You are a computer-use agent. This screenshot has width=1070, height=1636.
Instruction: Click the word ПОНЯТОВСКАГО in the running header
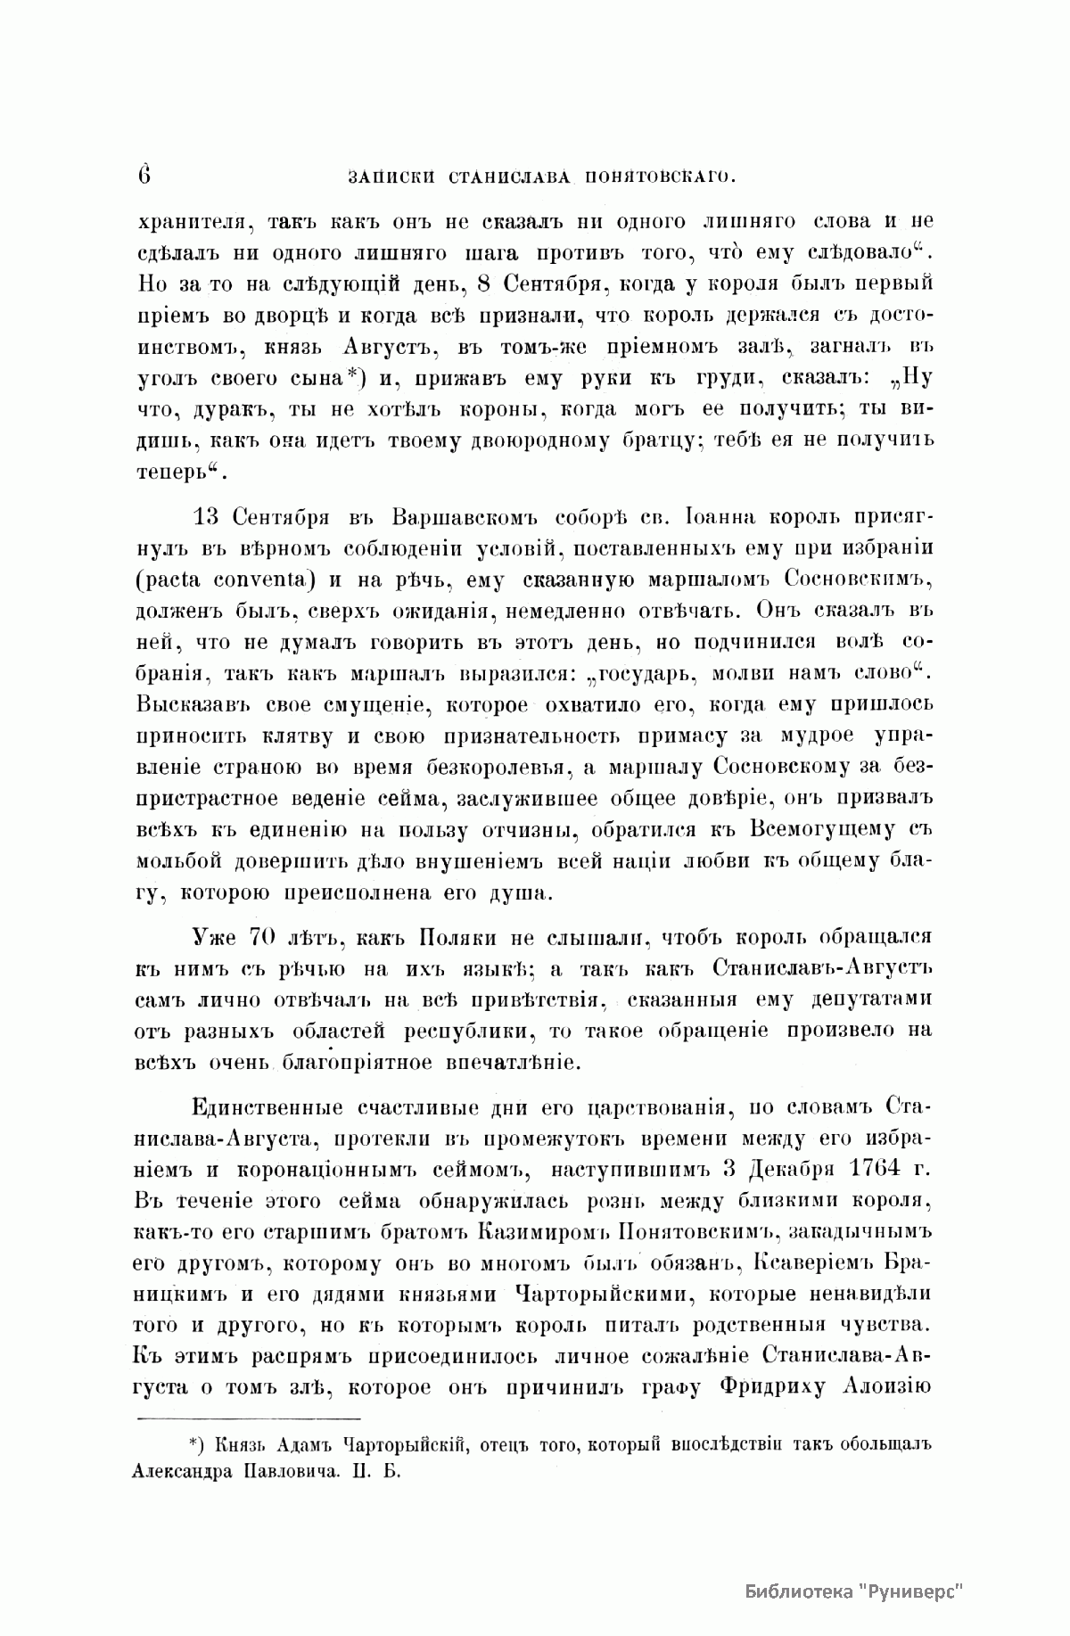pyautogui.click(x=658, y=177)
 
